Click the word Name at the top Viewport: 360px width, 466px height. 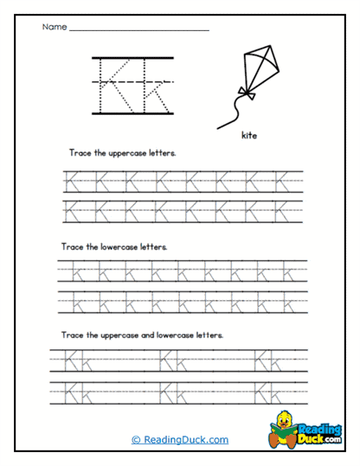(53, 28)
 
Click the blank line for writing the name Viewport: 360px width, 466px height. (138, 31)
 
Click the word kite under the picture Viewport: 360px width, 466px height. (252, 135)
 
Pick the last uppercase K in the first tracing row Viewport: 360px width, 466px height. (282, 181)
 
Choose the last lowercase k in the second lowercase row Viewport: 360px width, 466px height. (289, 302)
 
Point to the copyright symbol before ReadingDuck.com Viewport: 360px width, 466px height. (136, 440)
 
